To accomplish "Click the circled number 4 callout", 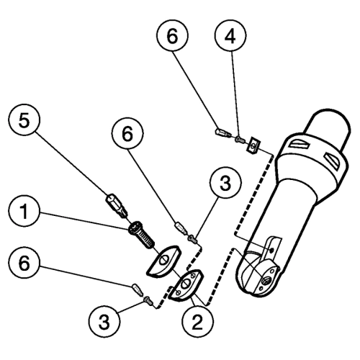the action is [x=230, y=35].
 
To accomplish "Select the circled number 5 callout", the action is [x=24, y=120].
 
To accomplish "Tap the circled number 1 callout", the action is [x=24, y=211].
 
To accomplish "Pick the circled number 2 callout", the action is [x=197, y=322].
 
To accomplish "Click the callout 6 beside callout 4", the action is [x=172, y=35].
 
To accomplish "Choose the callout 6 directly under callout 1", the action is [x=24, y=262].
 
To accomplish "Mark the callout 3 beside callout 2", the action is [x=104, y=321].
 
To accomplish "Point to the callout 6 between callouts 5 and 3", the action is [x=127, y=133].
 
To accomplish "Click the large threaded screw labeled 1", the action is [x=142, y=235].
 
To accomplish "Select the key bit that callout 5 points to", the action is [x=116, y=206].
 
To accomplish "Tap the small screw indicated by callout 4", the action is [x=240, y=138].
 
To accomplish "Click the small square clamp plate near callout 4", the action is [x=253, y=145].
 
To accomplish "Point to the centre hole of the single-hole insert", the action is [x=163, y=260].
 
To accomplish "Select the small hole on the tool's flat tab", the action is [x=271, y=251].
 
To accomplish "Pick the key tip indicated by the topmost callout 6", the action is [x=222, y=132].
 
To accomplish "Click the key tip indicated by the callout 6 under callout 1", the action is [x=138, y=289].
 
